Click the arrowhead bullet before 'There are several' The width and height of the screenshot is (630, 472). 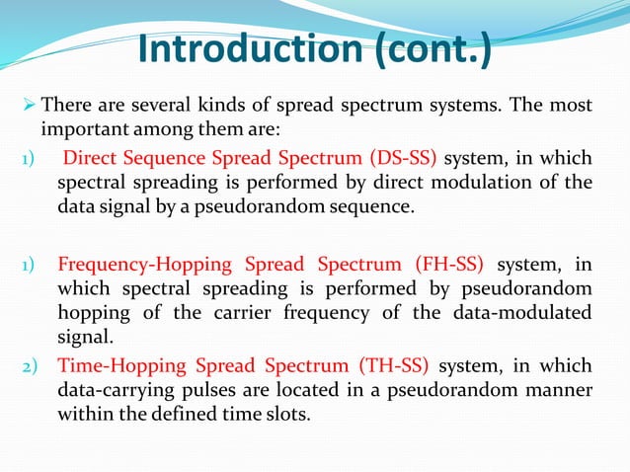coord(29,106)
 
